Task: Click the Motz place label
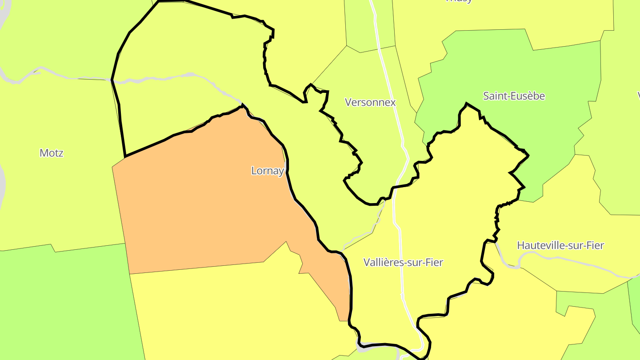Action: pyautogui.click(x=52, y=153)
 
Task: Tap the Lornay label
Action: pyautogui.click(x=267, y=171)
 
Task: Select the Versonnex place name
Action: pyautogui.click(x=370, y=102)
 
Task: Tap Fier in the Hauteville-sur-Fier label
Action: pyautogui.click(x=595, y=245)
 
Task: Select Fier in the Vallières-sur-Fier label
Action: pyautogui.click(x=434, y=263)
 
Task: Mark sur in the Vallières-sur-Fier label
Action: pyautogui.click(x=417, y=263)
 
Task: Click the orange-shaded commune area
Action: pyautogui.click(x=213, y=200)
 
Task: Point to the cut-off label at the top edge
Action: pyautogui.click(x=459, y=1)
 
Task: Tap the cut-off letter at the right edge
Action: pyautogui.click(x=638, y=95)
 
